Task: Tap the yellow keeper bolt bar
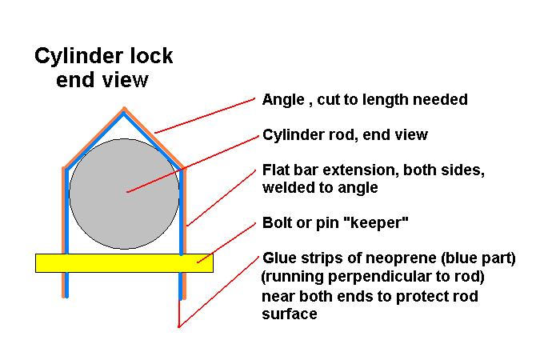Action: click(x=124, y=262)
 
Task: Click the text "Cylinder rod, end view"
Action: click(x=345, y=135)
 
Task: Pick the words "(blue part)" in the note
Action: click(x=479, y=260)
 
